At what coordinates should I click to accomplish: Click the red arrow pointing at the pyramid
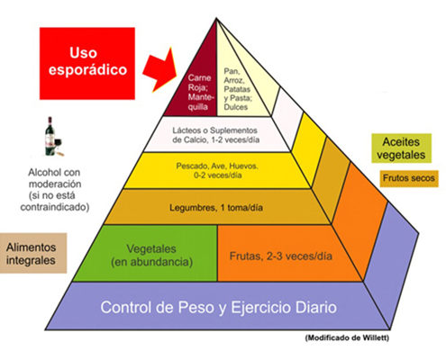click(159, 70)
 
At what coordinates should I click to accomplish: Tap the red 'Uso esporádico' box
click(87, 63)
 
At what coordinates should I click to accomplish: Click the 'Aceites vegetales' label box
click(401, 148)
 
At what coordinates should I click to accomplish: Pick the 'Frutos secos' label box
click(409, 178)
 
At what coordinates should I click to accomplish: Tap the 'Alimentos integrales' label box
click(33, 253)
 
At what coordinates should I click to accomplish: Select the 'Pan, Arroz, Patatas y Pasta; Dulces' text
click(237, 89)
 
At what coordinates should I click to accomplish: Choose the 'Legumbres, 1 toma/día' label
click(216, 208)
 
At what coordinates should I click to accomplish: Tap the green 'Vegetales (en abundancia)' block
click(145, 254)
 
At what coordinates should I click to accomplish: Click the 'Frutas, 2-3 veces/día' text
click(281, 256)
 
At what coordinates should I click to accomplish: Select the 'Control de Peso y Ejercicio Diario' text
click(218, 308)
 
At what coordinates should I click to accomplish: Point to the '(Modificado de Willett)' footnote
click(347, 337)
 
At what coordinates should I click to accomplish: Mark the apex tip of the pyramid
click(216, 19)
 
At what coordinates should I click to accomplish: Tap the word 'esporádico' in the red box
click(87, 70)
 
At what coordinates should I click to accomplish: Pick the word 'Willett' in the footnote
click(376, 337)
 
